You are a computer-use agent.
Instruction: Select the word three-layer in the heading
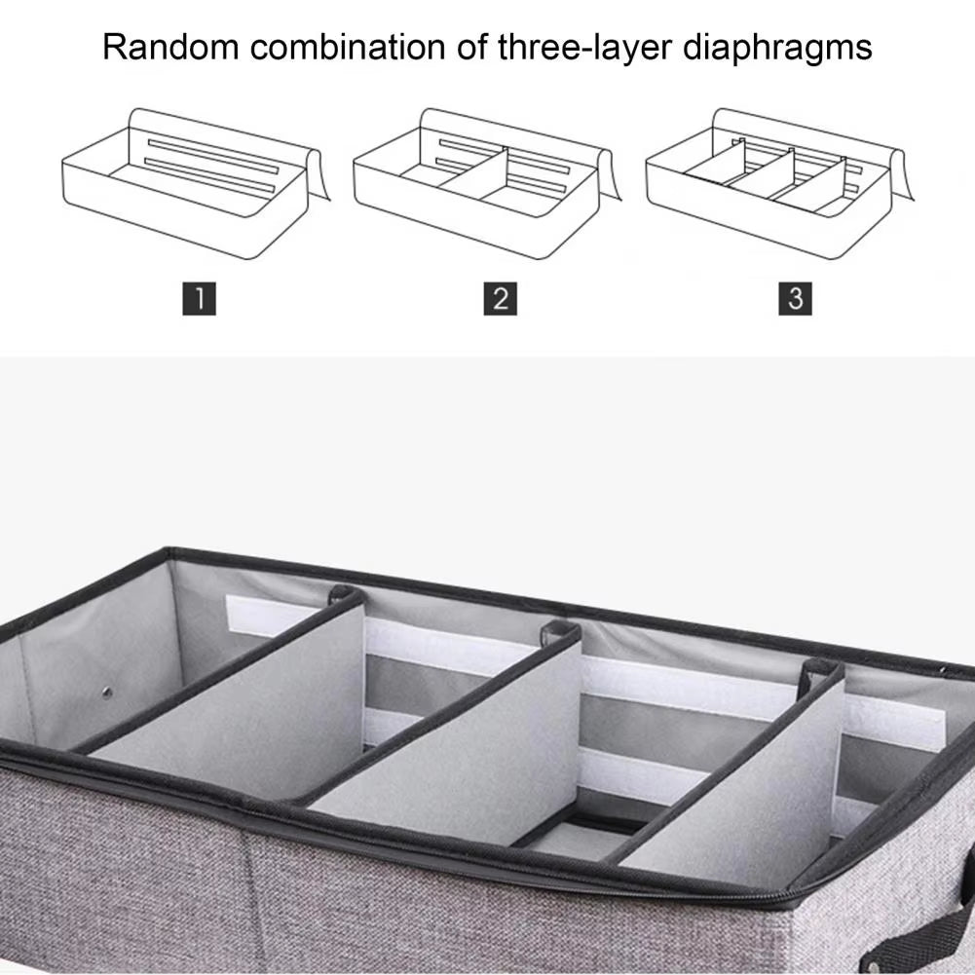[556, 47]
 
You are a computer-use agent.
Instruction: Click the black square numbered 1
[199, 298]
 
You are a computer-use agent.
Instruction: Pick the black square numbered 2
[500, 298]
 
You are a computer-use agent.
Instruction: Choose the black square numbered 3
[795, 298]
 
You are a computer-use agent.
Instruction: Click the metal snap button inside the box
[106, 693]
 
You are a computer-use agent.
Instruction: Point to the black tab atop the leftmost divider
[345, 593]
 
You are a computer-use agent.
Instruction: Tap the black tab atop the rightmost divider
[819, 672]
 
